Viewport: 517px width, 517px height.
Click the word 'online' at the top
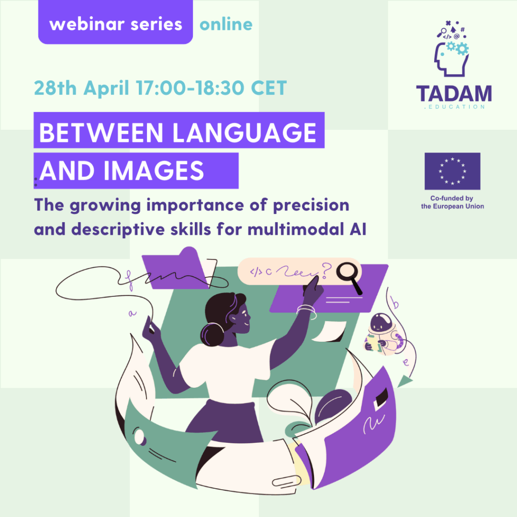pyautogui.click(x=226, y=24)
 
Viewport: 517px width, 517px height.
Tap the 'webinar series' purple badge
pyautogui.click(x=116, y=22)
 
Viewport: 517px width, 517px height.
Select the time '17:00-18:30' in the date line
pyautogui.click(x=190, y=88)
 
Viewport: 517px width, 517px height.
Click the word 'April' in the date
pyautogui.click(x=106, y=88)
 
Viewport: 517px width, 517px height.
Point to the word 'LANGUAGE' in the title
pyautogui.click(x=244, y=132)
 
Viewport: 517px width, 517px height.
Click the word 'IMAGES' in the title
pyautogui.click(x=154, y=171)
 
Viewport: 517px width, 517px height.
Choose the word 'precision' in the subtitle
pyautogui.click(x=311, y=205)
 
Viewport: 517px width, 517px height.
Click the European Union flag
pyautogui.click(x=452, y=171)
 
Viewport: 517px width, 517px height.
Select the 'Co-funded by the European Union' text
pyautogui.click(x=452, y=202)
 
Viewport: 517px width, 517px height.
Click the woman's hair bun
pyautogui.click(x=213, y=334)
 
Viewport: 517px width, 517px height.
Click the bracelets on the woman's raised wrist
pyautogui.click(x=306, y=311)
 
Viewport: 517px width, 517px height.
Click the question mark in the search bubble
pyautogui.click(x=326, y=271)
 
